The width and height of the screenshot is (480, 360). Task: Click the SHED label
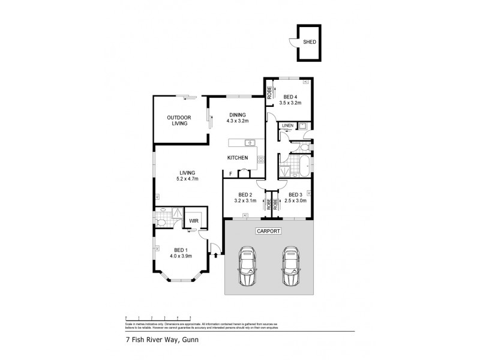click(x=310, y=43)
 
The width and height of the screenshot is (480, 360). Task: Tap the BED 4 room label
click(x=290, y=97)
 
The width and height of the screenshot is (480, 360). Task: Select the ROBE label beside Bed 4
click(x=269, y=93)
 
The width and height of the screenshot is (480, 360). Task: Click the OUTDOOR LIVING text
click(x=178, y=120)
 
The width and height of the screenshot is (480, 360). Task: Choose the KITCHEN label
click(x=237, y=157)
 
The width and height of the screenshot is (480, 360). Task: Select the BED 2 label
click(x=245, y=194)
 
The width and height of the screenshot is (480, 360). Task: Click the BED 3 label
click(x=295, y=194)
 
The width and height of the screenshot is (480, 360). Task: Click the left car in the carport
click(x=247, y=266)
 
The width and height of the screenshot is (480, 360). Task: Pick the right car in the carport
click(x=290, y=266)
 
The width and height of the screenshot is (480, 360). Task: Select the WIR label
click(x=193, y=221)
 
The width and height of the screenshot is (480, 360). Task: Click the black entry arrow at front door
click(x=215, y=256)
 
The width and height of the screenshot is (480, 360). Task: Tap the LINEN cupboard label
click(x=287, y=125)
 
